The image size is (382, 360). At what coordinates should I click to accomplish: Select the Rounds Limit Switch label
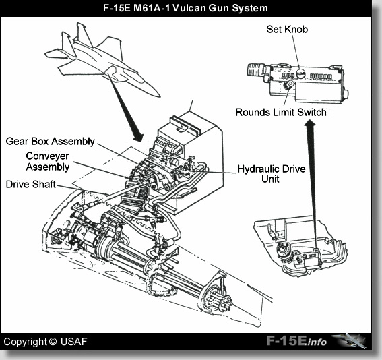click(x=281, y=112)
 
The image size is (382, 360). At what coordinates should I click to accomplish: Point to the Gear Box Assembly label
click(x=51, y=142)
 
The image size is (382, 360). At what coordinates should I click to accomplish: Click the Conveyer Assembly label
click(x=38, y=162)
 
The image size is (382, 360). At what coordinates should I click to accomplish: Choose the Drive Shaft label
click(x=30, y=183)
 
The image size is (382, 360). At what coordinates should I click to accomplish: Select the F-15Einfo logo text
click(x=296, y=342)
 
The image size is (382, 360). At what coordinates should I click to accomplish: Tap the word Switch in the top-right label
click(x=311, y=112)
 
